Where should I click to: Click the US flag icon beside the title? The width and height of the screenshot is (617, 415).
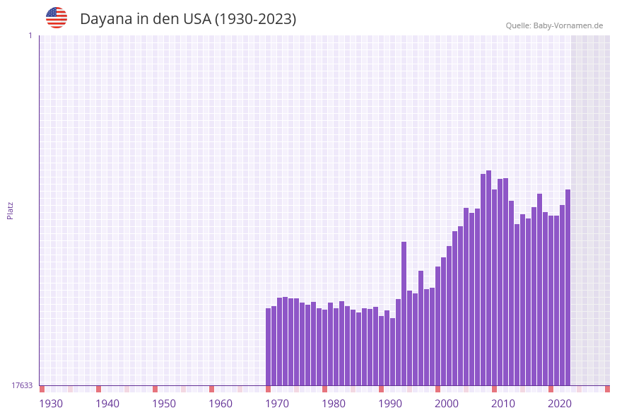point(57,18)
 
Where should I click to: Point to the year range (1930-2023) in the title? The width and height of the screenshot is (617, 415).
point(255,19)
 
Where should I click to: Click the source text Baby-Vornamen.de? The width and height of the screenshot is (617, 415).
point(568,25)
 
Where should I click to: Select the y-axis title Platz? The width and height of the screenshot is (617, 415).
point(11,210)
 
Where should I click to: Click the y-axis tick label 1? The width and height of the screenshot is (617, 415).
point(30,35)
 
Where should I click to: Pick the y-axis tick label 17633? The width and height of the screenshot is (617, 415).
point(22,385)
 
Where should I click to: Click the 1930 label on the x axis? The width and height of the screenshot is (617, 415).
point(51,404)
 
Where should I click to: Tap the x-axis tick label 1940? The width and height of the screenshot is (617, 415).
point(107,404)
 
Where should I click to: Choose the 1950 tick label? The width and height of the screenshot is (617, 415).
point(164,404)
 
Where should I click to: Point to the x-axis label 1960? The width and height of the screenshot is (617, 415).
point(221,404)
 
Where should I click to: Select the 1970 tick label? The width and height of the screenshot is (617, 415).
point(277,404)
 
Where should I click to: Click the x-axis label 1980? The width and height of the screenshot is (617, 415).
point(334,404)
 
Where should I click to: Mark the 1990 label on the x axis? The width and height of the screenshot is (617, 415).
point(390,404)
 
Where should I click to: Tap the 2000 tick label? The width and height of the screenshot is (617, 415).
point(447,404)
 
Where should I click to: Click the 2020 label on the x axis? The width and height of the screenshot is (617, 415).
point(560,404)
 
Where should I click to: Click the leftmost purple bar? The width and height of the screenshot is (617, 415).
point(269,346)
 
